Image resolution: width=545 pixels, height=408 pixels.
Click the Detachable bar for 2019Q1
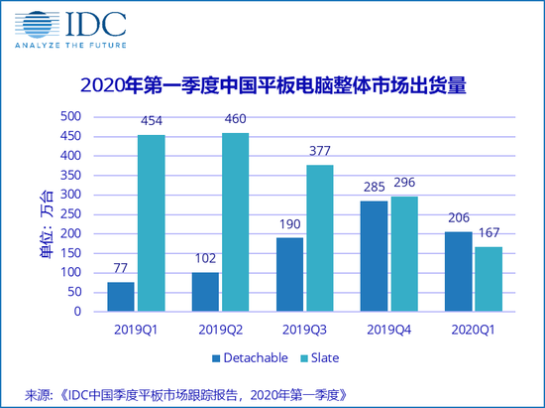121,297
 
